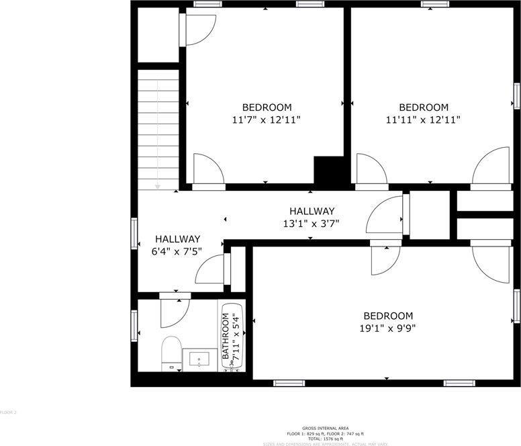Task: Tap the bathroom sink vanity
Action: click(x=200, y=360)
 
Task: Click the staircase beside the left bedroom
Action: click(x=158, y=128)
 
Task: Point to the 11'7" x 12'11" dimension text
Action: click(x=267, y=120)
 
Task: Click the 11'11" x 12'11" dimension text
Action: click(x=423, y=120)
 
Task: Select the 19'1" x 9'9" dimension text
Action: click(x=388, y=329)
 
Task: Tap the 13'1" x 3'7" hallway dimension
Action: click(x=312, y=224)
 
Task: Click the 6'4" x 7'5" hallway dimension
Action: click(x=178, y=251)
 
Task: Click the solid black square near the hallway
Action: click(x=330, y=173)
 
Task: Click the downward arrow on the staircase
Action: click(x=158, y=185)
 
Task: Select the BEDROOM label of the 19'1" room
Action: click(x=388, y=316)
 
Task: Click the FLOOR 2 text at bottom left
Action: click(x=8, y=412)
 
